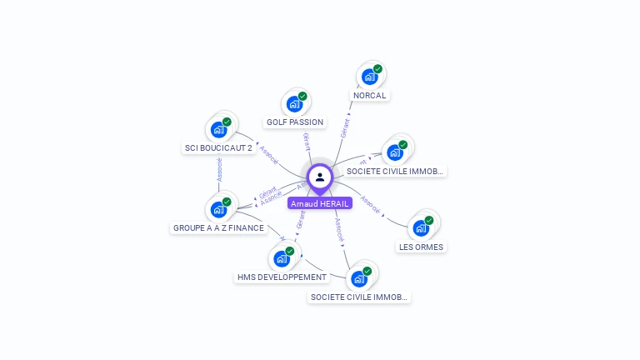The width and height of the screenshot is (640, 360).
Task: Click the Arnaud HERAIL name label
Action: click(320, 203)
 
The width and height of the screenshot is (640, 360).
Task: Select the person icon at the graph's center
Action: click(320, 177)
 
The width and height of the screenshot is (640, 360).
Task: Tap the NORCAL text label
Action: click(369, 95)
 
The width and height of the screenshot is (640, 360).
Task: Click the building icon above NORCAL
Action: click(370, 77)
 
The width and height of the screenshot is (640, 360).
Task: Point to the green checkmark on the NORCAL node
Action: click(377, 69)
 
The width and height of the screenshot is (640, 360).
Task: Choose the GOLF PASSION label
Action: click(294, 122)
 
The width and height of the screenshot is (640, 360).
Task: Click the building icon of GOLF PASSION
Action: click(294, 103)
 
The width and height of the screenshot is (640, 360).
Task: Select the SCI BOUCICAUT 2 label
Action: click(218, 148)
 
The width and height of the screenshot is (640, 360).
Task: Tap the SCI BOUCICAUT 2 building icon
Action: click(218, 129)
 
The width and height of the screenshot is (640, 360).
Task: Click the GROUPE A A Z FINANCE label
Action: click(218, 227)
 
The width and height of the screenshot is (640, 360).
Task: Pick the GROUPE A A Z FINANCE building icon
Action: click(218, 208)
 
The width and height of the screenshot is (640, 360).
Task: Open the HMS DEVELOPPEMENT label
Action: click(282, 277)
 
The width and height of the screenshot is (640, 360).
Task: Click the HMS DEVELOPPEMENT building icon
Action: click(282, 258)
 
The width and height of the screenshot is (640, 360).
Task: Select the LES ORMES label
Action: click(421, 247)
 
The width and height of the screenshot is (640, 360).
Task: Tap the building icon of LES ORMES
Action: click(421, 227)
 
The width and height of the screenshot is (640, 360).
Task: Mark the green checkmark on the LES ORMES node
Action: click(429, 221)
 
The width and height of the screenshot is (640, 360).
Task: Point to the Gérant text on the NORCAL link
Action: click(345, 127)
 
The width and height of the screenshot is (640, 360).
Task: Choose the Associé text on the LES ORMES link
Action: click(370, 205)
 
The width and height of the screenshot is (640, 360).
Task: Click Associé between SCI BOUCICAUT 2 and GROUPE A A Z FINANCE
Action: click(219, 169)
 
